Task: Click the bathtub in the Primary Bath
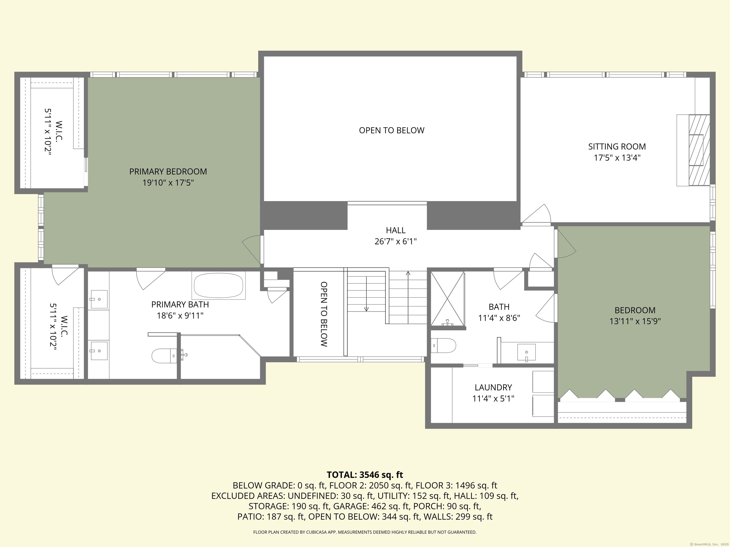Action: tap(218, 285)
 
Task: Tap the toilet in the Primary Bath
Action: tap(163, 356)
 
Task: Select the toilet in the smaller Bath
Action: tap(444, 345)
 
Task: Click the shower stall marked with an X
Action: tap(447, 298)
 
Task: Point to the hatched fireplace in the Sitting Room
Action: tap(699, 150)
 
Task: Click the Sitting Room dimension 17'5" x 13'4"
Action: tap(617, 158)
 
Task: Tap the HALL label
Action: tap(395, 230)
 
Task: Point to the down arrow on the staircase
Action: tap(366, 308)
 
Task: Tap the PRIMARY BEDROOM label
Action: tap(168, 171)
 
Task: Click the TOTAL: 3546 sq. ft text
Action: tap(365, 475)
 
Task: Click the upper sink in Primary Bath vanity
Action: tap(99, 299)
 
